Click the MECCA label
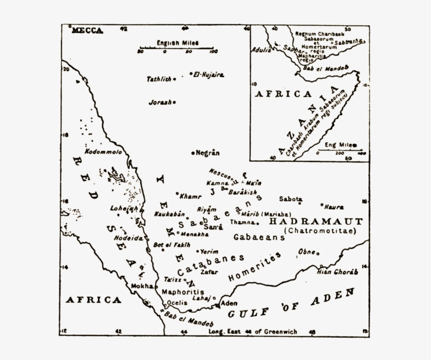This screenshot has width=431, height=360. [87, 30]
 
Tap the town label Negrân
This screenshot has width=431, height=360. [207, 153]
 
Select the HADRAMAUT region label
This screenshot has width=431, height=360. [315, 222]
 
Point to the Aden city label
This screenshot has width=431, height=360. [229, 303]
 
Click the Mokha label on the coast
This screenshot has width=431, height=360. [141, 286]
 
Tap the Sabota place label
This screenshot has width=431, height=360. [290, 199]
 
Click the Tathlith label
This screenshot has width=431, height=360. [159, 79]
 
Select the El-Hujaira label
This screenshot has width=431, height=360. [209, 75]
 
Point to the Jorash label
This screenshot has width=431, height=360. [160, 102]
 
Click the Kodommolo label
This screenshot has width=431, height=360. [103, 152]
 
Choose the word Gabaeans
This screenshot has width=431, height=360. [259, 238]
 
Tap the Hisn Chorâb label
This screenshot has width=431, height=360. [337, 272]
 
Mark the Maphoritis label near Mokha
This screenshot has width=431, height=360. [182, 292]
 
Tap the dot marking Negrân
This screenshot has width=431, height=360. [192, 153]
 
